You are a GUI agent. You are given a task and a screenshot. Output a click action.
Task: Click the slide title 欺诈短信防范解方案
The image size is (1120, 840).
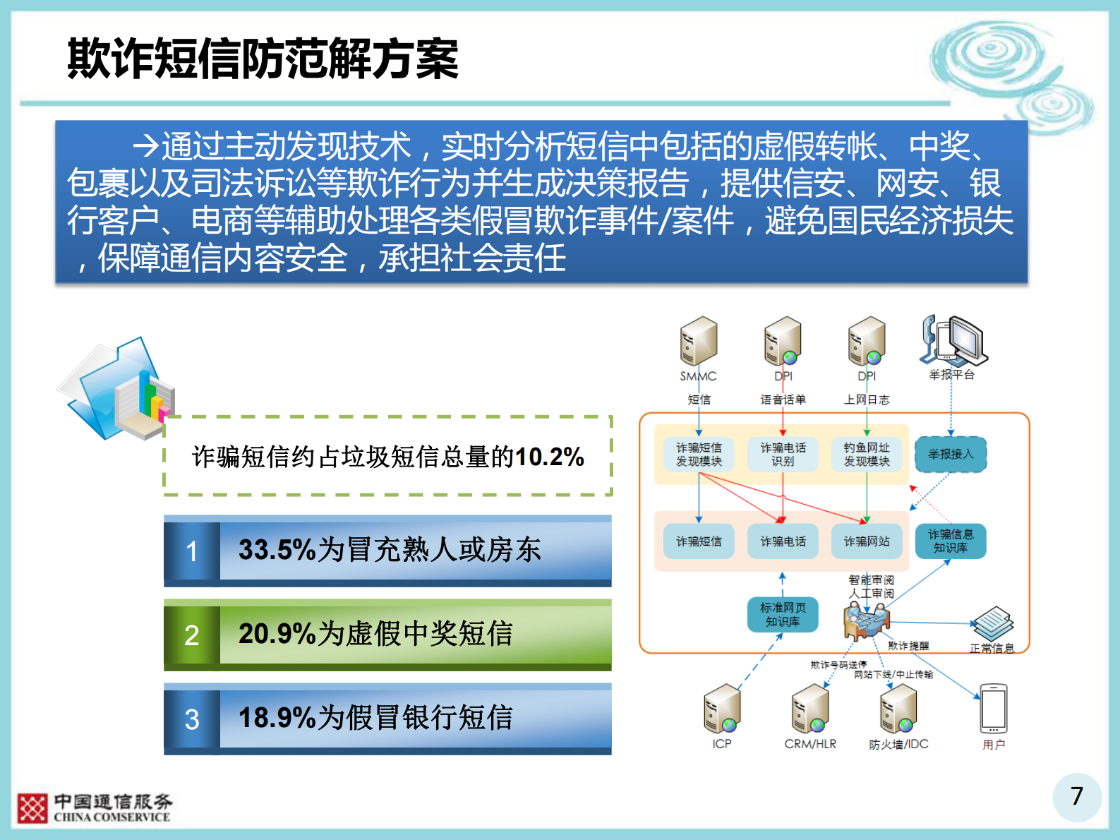(263, 59)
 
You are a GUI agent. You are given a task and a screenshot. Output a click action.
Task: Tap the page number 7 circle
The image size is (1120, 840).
(1076, 796)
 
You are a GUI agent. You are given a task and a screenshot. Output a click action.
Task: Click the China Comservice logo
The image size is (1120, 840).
(94, 808)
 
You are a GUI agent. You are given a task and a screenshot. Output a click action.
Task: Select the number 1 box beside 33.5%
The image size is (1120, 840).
(192, 551)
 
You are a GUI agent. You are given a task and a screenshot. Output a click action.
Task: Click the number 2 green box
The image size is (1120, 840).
(192, 635)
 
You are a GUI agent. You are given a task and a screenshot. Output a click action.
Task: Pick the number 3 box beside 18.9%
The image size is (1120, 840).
(192, 719)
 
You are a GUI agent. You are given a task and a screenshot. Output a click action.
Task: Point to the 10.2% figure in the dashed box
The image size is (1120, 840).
(549, 457)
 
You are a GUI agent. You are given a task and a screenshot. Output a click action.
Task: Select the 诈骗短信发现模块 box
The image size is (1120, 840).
(699, 455)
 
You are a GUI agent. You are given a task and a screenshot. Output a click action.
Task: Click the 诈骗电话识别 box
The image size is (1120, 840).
(783, 455)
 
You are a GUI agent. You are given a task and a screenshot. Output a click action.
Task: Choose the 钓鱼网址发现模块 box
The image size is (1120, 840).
(867, 455)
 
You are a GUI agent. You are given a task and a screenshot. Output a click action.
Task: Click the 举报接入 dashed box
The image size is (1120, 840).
(951, 455)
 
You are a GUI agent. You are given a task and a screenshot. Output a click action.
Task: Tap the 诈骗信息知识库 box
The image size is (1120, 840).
(951, 541)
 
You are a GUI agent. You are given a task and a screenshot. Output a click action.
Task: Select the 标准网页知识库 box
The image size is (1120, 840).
(783, 615)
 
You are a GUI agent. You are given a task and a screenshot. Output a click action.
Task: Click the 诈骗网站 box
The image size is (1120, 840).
(867, 541)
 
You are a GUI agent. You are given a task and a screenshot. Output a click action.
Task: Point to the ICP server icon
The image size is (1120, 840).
(722, 709)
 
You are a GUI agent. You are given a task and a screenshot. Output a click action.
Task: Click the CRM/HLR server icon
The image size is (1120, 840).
(810, 709)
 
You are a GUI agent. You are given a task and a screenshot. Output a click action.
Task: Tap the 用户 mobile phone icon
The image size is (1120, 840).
(994, 709)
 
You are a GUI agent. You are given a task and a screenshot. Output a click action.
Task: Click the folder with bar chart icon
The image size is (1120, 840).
(116, 390)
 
